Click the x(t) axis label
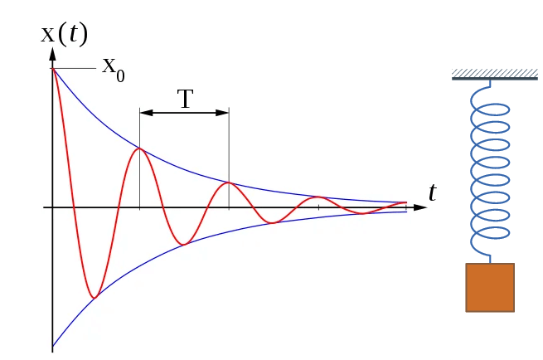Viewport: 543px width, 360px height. pyautogui.click(x=64, y=33)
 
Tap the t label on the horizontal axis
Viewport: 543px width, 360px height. pyautogui.click(x=432, y=192)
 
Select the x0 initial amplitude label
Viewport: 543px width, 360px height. pyautogui.click(x=113, y=66)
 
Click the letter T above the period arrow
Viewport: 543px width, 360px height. pyautogui.click(x=185, y=99)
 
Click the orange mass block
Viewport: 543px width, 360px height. pyautogui.click(x=490, y=287)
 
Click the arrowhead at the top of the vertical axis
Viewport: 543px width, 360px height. pyautogui.click(x=52, y=54)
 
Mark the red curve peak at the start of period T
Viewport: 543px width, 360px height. pyautogui.click(x=140, y=148)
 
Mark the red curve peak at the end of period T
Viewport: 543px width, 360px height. pyautogui.click(x=229, y=182)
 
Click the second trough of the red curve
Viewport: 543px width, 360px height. pyautogui.click(x=184, y=244)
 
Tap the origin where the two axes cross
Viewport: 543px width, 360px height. pyautogui.click(x=52, y=207)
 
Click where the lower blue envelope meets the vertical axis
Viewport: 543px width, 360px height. pyautogui.click(x=52, y=346)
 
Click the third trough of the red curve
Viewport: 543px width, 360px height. pyautogui.click(x=272, y=222)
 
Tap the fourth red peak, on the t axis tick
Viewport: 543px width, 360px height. pyautogui.click(x=318, y=197)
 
